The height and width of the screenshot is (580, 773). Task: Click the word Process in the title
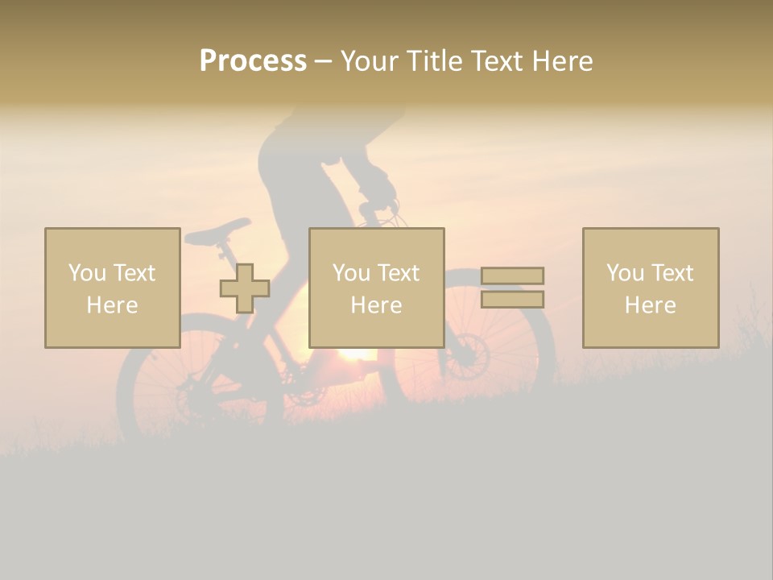pos(253,61)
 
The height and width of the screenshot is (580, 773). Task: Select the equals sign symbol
pos(512,288)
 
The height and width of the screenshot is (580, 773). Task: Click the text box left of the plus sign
pos(112,288)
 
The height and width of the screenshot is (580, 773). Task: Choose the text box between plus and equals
pos(376,288)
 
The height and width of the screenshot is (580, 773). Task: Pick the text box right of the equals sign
pos(650,288)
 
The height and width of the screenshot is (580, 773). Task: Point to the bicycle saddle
pos(218,230)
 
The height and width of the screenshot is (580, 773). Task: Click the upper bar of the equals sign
pos(512,275)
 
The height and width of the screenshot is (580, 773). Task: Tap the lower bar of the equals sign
pos(512,300)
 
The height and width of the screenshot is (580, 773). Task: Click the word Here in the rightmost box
pos(650,305)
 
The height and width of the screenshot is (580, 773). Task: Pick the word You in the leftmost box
pos(87,273)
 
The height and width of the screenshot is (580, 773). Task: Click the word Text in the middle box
pos(398,273)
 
